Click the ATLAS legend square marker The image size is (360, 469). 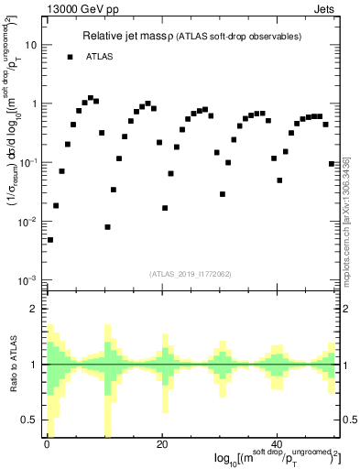point(70,57)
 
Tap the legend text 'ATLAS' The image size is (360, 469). point(101,57)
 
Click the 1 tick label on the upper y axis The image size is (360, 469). point(34,103)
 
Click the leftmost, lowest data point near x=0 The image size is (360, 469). point(50,239)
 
